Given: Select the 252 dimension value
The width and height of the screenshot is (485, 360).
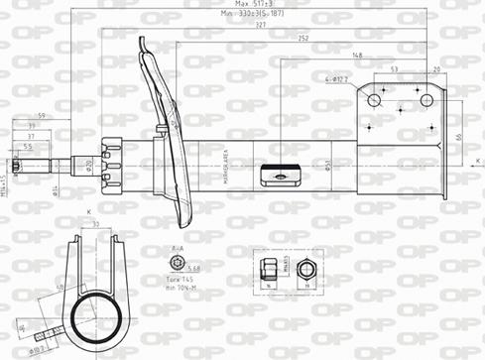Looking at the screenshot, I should coord(303,40).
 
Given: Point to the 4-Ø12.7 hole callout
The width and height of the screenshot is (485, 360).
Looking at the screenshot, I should coord(337,78).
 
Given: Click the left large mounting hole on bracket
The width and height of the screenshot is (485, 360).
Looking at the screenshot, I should coord(376,100).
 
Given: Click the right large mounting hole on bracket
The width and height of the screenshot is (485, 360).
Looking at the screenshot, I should coord(427,100).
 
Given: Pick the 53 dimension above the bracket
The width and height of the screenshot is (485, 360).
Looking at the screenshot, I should coord(395,69).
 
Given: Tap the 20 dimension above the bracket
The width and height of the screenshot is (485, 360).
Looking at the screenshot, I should coord(437,69).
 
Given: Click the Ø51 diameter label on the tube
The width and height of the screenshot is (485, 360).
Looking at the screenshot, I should coord(328,166).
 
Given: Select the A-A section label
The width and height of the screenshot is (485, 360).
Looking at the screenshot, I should coord(178,249).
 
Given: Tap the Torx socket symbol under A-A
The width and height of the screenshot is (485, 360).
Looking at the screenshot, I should coord(177,263).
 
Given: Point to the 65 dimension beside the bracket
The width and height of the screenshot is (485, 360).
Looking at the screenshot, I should coord(459,136).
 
